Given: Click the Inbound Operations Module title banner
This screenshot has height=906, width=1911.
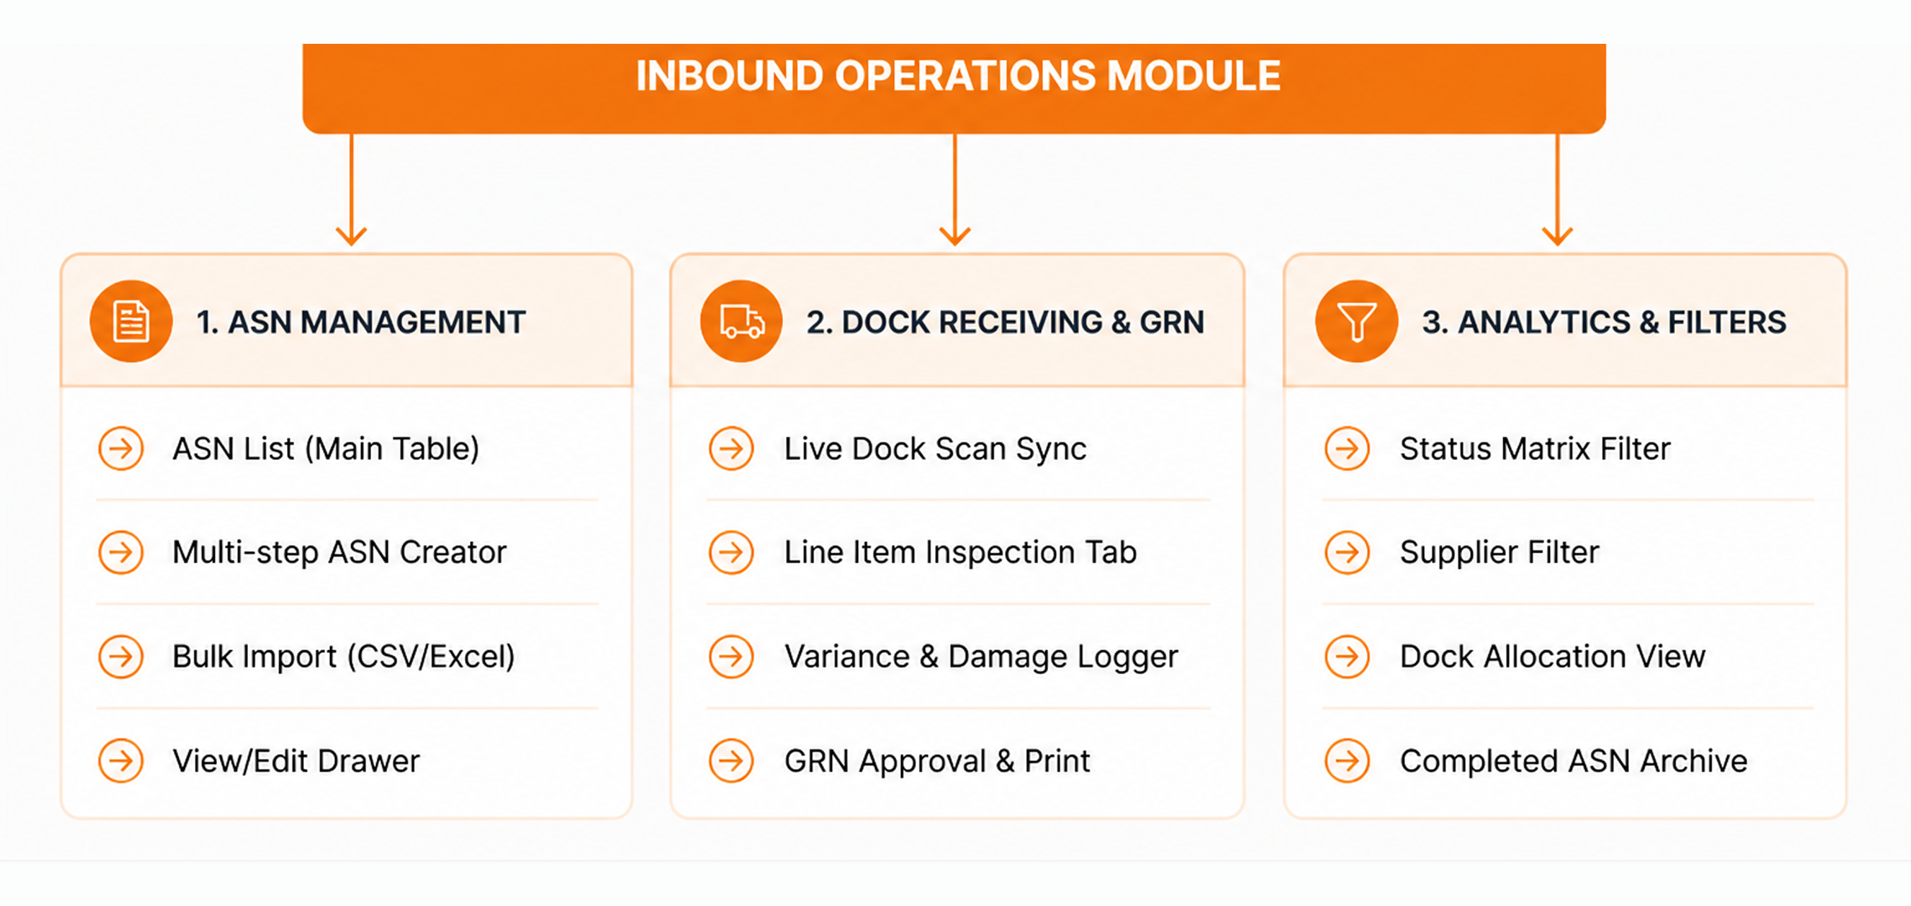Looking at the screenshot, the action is (x=954, y=88).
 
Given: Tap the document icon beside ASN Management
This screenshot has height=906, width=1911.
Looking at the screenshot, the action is (x=131, y=322).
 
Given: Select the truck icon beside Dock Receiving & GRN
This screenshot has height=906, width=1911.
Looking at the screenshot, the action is (x=741, y=322).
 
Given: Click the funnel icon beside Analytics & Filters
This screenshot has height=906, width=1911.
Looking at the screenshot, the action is (x=1356, y=322).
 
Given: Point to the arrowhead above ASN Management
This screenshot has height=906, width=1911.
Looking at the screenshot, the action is (x=351, y=236).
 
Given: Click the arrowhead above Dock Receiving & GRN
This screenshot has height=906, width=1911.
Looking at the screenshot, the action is (x=955, y=236).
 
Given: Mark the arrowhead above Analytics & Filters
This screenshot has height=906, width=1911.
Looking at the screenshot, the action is (x=1557, y=236).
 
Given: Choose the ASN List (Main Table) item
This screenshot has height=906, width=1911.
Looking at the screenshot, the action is (x=326, y=449).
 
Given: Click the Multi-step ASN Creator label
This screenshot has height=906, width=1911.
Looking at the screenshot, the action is (x=339, y=553).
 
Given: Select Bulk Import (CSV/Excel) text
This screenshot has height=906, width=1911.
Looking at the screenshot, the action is (x=343, y=657).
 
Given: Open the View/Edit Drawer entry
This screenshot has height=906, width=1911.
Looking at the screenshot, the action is (x=296, y=761).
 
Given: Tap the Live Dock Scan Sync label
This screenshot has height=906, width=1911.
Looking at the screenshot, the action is (x=936, y=449).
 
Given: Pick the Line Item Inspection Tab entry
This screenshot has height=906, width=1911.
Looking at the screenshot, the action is (x=960, y=553).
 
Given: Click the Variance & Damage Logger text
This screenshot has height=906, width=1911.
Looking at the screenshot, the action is (x=982, y=657).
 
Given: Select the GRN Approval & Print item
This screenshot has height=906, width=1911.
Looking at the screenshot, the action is (x=938, y=761).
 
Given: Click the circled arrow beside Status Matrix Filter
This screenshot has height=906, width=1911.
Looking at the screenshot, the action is (x=1347, y=449).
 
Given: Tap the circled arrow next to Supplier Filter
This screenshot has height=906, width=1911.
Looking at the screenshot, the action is (x=1347, y=553).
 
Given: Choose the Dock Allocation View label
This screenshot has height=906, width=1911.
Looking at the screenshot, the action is (x=1553, y=657).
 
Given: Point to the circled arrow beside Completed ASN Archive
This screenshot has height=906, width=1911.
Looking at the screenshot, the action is (x=1347, y=761).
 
